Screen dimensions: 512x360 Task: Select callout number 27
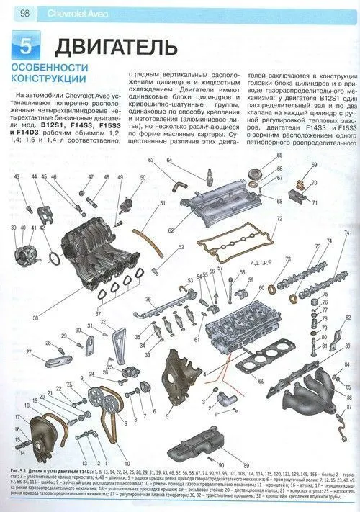[30, 351]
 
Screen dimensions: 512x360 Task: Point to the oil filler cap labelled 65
[253, 173]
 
